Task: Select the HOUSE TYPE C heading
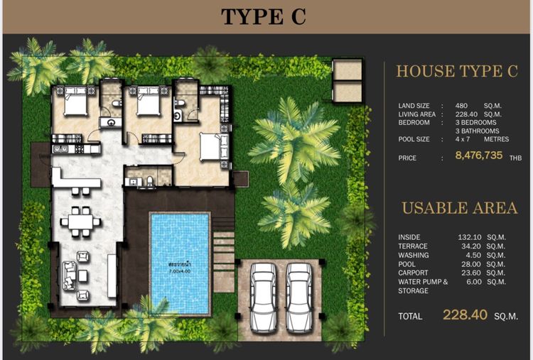(457, 71)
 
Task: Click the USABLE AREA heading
(460, 208)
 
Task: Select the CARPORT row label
(413, 272)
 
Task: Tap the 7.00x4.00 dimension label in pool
(181, 271)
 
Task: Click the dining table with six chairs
(80, 222)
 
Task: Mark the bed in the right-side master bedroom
(211, 147)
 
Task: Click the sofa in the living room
(70, 275)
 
